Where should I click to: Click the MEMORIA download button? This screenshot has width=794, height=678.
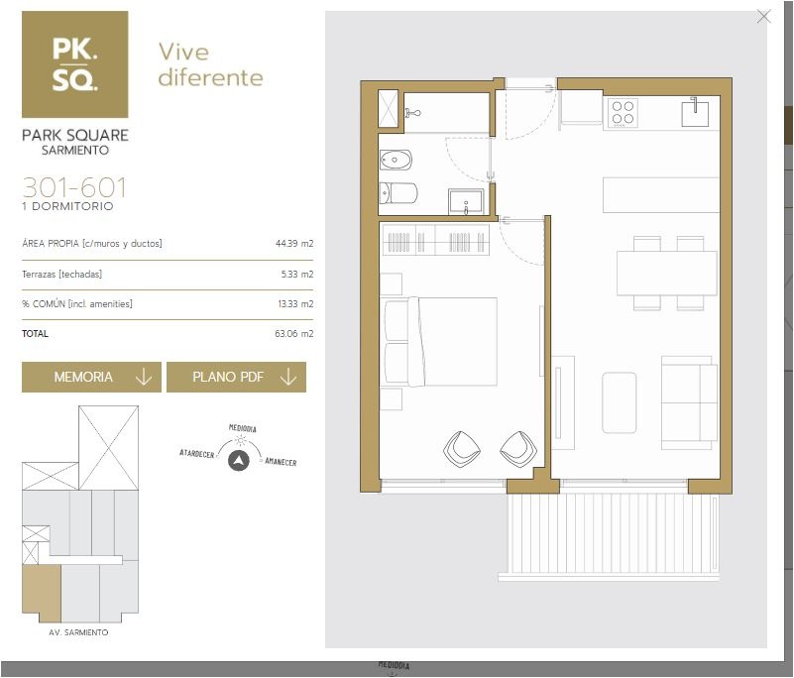[91, 377]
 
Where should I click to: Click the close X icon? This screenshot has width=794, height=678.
[763, 17]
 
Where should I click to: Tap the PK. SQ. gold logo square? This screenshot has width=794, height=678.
[75, 64]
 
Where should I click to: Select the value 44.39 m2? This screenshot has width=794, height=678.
[294, 244]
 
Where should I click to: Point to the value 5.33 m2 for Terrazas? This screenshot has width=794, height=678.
[297, 274]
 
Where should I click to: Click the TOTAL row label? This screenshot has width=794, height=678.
[35, 334]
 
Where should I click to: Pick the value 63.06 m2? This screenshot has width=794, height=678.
[294, 334]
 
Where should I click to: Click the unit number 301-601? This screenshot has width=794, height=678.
[74, 187]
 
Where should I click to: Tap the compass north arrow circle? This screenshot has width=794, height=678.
[239, 461]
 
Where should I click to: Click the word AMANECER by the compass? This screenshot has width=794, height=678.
[282, 462]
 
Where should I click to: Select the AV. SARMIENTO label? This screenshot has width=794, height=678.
[78, 632]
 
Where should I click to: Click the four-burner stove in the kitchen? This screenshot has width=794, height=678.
[623, 112]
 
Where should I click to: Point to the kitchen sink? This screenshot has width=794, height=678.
[695, 111]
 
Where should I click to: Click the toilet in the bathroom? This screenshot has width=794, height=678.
[398, 193]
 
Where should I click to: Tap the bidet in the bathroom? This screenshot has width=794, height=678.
[396, 160]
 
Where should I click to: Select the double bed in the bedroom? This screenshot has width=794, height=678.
[440, 342]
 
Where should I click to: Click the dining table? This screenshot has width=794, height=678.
[667, 274]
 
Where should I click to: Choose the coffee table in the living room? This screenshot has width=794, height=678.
[620, 402]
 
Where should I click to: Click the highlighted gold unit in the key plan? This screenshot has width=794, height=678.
[42, 594]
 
